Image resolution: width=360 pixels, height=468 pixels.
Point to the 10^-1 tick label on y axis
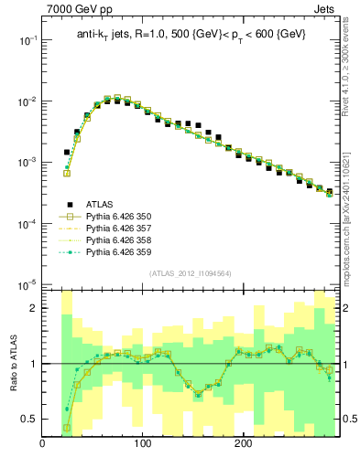point(27,41)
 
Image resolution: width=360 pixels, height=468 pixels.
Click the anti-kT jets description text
point(191,35)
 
